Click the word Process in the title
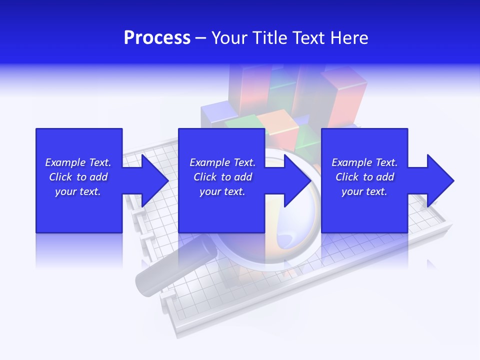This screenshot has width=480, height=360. pyautogui.click(x=157, y=38)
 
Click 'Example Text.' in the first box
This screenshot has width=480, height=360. pyautogui.click(x=78, y=162)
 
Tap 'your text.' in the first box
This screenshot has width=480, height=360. pyautogui.click(x=78, y=191)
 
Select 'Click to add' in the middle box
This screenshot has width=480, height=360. pyautogui.click(x=222, y=177)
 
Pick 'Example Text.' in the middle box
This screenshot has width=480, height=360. pyautogui.click(x=222, y=162)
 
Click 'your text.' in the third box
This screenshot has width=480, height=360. pyautogui.click(x=364, y=191)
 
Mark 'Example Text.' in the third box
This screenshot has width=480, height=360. pyautogui.click(x=364, y=162)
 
